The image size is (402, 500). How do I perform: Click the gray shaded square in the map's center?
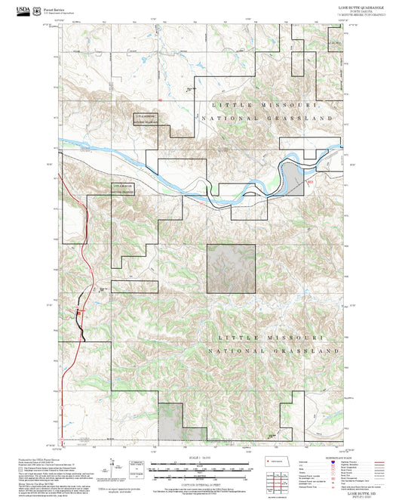(x=230, y=267)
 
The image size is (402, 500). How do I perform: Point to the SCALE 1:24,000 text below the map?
(x=201, y=456)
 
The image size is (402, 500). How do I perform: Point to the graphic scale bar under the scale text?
(x=201, y=466)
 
